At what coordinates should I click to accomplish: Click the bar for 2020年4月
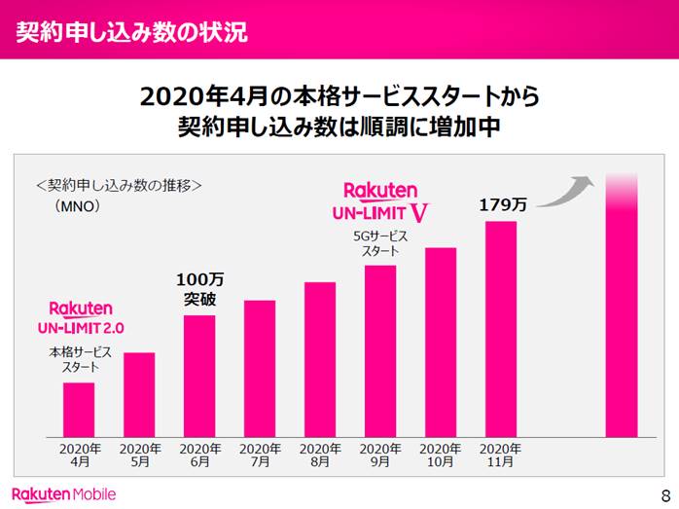(79, 409)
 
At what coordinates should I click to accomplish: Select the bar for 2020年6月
(199, 376)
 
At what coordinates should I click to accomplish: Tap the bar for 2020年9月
(380, 350)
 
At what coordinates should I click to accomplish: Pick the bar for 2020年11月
(500, 329)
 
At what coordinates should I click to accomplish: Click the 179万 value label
(503, 205)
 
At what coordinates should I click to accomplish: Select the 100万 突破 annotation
(199, 290)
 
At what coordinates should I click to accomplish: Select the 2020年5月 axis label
(139, 455)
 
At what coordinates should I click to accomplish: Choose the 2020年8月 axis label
(320, 455)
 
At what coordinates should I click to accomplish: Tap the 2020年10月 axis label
(440, 455)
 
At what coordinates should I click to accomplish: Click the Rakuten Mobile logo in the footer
(64, 493)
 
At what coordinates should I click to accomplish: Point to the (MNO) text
(78, 206)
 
